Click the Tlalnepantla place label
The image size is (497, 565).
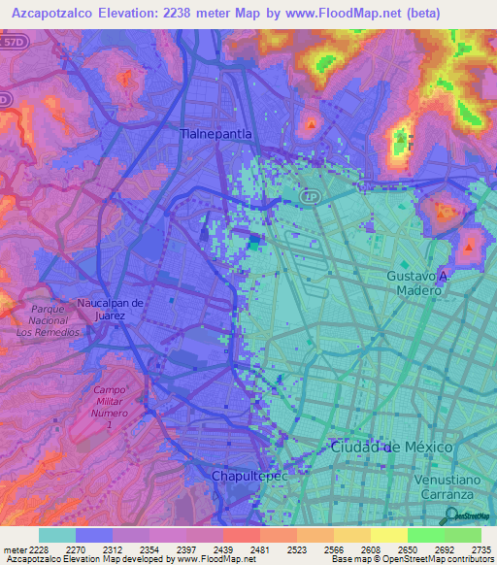point(216,133)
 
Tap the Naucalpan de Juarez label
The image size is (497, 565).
point(111,308)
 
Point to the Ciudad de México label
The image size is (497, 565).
point(391,447)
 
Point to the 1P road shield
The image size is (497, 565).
point(310,195)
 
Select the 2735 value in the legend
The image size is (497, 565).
point(481,549)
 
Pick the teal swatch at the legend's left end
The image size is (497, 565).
point(57,535)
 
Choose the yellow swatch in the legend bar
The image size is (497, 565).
point(388,535)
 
